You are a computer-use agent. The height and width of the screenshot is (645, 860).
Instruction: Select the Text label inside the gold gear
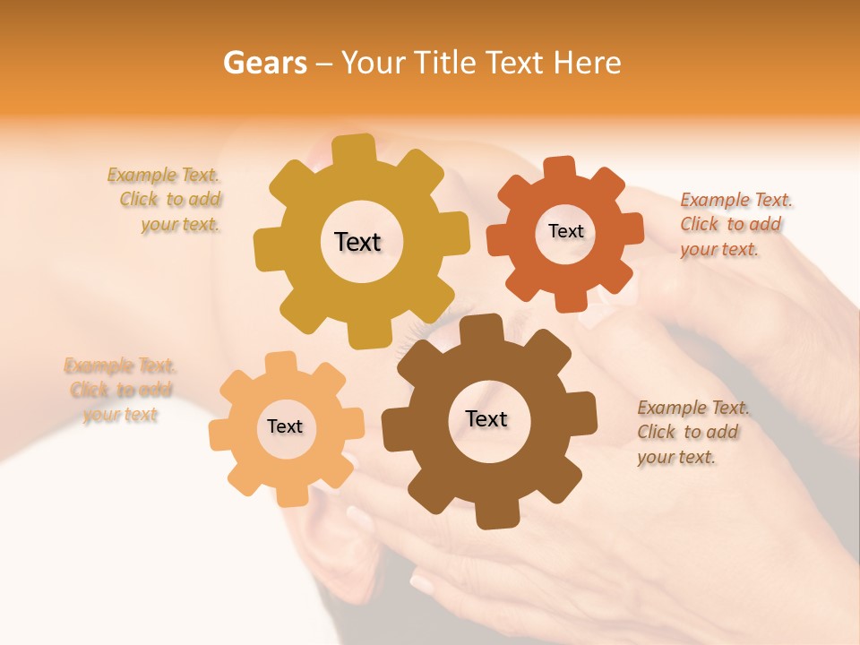(x=357, y=242)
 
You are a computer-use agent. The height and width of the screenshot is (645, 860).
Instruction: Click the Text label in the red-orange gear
(x=565, y=231)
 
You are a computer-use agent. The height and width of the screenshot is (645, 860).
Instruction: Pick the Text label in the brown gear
(x=486, y=418)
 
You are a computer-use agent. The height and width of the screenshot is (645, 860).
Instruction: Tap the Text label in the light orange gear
(x=285, y=426)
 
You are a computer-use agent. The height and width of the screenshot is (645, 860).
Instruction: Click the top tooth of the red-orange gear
(x=560, y=168)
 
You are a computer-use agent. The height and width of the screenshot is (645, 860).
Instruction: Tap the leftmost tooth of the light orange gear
(x=220, y=433)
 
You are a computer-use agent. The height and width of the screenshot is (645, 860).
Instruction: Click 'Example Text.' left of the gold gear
(x=163, y=175)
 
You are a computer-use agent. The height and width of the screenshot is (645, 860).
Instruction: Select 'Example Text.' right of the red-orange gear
(x=736, y=200)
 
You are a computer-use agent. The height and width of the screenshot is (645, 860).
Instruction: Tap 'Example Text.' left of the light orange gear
(x=120, y=365)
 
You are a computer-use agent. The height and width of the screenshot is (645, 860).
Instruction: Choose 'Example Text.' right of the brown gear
(x=693, y=408)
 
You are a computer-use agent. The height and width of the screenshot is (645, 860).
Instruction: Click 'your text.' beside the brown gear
(x=676, y=457)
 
